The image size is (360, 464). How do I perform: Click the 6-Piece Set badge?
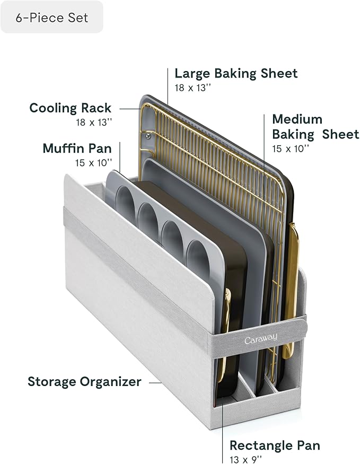click(52, 17)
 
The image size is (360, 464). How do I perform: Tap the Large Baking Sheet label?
click(236, 73)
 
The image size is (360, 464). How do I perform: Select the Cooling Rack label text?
click(71, 108)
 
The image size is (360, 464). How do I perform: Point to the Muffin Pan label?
click(77, 148)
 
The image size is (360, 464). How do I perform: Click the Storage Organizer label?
click(84, 381)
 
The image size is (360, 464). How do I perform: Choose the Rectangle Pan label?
click(275, 445)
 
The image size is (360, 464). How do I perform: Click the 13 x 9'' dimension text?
click(245, 460)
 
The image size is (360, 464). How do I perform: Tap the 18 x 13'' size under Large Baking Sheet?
click(192, 88)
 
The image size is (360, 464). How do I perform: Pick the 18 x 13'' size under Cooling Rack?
click(94, 122)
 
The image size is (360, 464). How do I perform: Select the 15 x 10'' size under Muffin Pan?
click(94, 163)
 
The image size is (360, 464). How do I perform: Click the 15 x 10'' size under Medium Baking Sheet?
click(291, 148)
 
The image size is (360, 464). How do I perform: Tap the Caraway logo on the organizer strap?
click(261, 338)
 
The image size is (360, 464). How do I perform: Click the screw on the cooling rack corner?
click(148, 136)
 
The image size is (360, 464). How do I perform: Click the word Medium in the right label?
click(297, 119)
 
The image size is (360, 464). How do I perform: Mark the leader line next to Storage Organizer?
click(155, 383)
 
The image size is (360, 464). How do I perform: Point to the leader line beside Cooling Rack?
click(129, 109)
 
